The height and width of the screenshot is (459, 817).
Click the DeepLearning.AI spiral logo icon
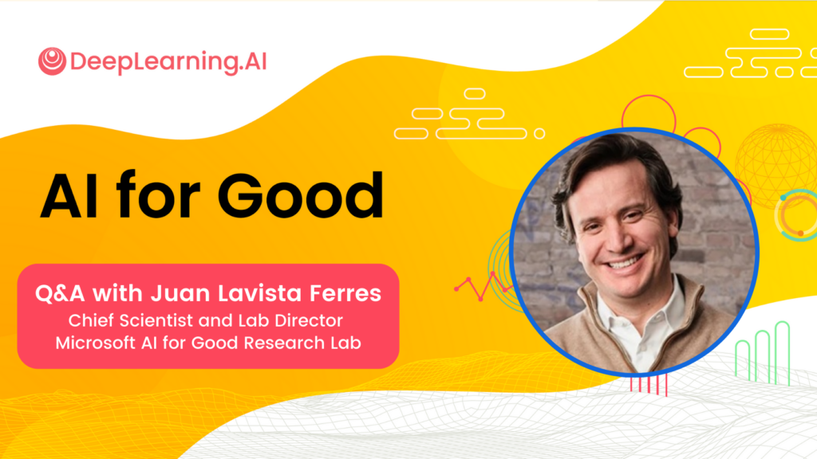click(52, 61)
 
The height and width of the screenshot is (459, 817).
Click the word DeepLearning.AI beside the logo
click(168, 62)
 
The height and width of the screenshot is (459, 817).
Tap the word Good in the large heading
click(300, 196)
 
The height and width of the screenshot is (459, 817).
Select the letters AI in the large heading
click(69, 196)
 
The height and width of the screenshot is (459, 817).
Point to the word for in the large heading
click(158, 194)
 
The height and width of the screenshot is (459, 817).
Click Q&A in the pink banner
click(60, 293)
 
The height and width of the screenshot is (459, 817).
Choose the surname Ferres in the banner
click(345, 293)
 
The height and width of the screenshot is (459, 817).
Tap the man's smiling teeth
click(626, 261)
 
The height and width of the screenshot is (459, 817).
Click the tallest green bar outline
click(782, 353)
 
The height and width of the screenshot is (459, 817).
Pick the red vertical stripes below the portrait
click(649, 385)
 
